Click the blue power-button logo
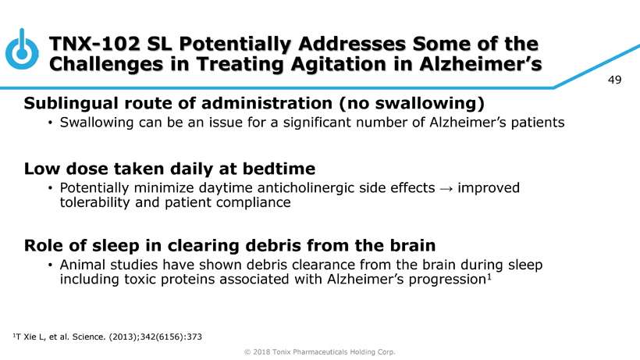pyautogui.click(x=22, y=49)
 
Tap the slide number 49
pyautogui.click(x=614, y=80)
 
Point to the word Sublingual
pyautogui.click(x=72, y=103)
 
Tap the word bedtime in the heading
pyautogui.click(x=279, y=169)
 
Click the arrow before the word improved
pyautogui.click(x=446, y=188)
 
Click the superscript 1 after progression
pyautogui.click(x=489, y=277)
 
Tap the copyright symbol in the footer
pyautogui.click(x=247, y=352)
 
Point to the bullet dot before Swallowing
pyautogui.click(x=50, y=123)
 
